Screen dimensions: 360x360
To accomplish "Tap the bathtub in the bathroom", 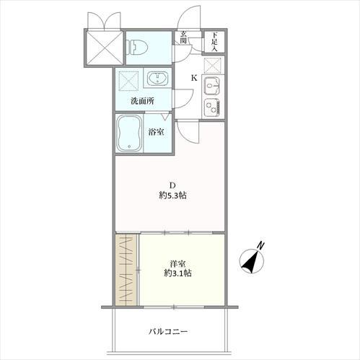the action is coord(129,133).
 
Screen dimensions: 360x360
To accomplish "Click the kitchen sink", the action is coord(211,86).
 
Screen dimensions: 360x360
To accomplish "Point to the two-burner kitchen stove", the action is coord(212,107).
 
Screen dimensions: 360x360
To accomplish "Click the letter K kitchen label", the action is coord(194,78).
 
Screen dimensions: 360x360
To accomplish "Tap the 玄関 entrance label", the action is coord(183,38).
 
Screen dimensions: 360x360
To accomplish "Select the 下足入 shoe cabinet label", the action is coord(214,42).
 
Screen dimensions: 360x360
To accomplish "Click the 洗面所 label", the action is coord(142,101).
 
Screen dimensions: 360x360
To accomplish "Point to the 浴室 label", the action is coord(156,132).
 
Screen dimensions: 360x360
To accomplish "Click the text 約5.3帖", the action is coord(172,196).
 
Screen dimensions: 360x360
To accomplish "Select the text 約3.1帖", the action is coord(177,273).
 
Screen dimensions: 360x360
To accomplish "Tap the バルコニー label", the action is coord(168,332).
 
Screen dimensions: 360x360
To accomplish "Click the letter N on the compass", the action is coord(260,245).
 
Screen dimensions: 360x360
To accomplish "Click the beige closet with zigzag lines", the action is coord(126,270).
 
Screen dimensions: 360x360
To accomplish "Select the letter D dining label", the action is coord(172,185).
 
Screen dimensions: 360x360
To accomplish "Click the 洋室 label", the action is coord(177,264).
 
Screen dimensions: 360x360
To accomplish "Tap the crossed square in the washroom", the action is coord(129,80).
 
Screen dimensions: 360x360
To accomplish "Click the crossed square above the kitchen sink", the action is coord(212,66).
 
